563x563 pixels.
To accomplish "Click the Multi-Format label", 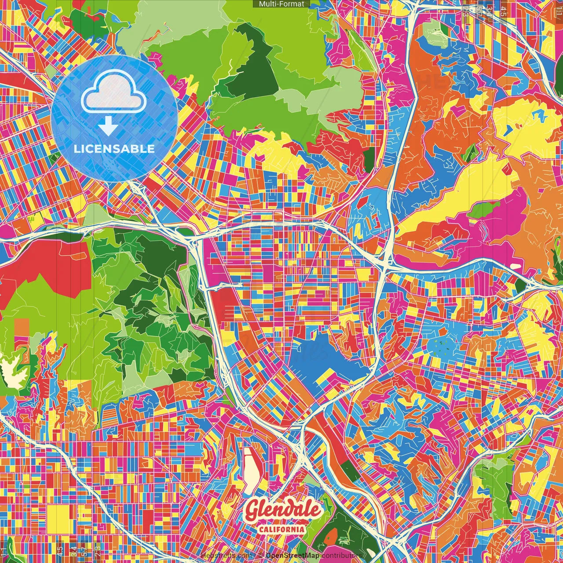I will pos(281,4).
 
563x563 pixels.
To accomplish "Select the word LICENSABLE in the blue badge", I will pos(114,149).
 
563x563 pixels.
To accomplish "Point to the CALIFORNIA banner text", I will pos(281,529).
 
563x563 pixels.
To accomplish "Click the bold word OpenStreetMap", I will pos(292,556).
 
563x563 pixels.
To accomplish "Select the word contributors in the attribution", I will pos(341,556).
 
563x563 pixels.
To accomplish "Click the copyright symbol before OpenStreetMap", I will pos(260,556).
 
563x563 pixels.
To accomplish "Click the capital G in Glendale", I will pos(252,510).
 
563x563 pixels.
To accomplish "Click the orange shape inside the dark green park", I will pos(331,536).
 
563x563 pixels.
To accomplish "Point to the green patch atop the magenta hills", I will pos(484,210).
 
